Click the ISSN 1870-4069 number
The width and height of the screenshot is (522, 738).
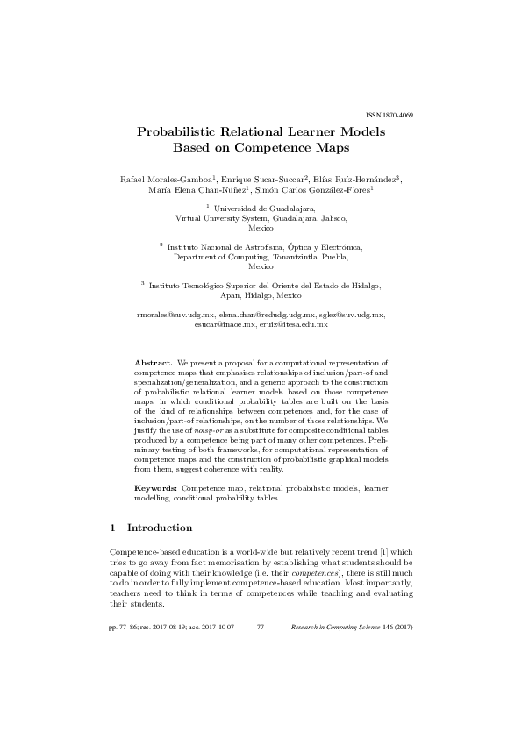(388, 116)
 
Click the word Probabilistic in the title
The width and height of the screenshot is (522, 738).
(182, 132)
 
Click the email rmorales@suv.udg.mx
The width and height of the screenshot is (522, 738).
(175, 314)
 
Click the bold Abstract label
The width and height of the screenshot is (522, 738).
(153, 361)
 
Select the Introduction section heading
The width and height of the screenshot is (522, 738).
(160, 529)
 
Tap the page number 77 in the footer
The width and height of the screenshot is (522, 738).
(261, 628)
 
